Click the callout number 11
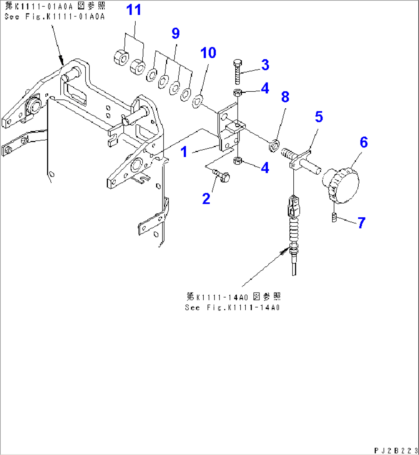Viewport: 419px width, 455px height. tap(134, 10)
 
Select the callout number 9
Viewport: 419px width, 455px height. tap(176, 33)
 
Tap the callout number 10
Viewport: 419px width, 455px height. tap(208, 53)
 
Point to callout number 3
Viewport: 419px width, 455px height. tap(265, 65)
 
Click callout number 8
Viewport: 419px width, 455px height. tap(285, 97)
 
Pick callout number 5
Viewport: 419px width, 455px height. tap(319, 117)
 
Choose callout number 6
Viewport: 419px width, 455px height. tap(364, 142)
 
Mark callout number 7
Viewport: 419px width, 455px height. tap(361, 223)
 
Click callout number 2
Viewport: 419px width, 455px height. tap(206, 199)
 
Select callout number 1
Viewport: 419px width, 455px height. tap(184, 152)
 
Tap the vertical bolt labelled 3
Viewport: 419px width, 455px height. tap(238, 72)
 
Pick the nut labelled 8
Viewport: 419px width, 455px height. tap(274, 146)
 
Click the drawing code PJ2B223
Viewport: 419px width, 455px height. tap(396, 450)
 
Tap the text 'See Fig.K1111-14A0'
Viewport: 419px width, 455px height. tap(232, 307)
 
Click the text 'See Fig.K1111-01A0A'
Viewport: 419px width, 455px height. tap(55, 17)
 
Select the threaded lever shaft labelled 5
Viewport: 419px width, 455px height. tap(301, 161)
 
